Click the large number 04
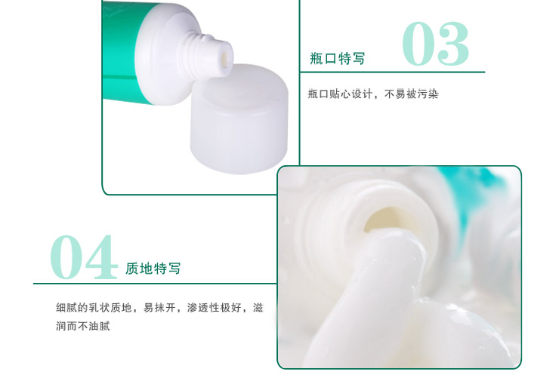coord(84,257)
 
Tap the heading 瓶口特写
coord(338,59)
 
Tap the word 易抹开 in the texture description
coord(159,308)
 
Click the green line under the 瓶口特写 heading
coord(393,72)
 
